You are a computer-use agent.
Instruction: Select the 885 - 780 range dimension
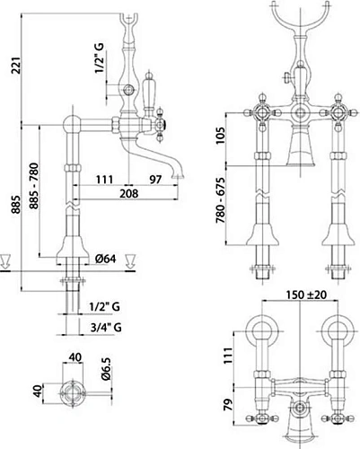coord(34,186)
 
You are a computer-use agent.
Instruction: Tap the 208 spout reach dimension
coord(129,193)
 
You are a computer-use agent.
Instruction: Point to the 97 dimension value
coord(155,180)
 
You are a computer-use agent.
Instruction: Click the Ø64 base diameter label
coord(106,259)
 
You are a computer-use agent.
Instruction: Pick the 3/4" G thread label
coord(106,328)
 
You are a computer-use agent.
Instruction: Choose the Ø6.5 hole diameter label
coord(107,369)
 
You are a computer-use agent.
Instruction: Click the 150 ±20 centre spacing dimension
coord(306,295)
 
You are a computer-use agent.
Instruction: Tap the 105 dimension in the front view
coord(221,136)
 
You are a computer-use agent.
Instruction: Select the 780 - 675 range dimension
coord(221,200)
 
